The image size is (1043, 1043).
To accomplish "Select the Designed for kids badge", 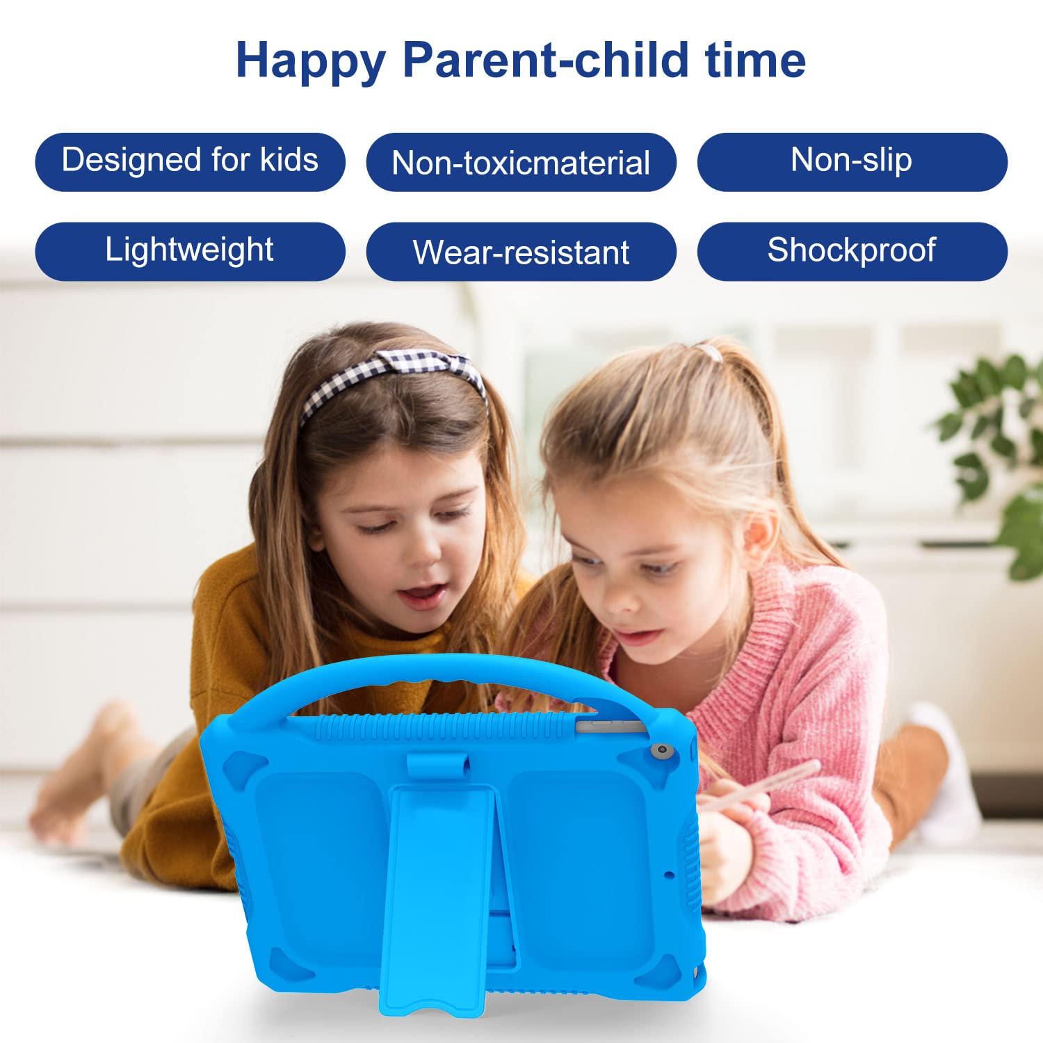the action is [190, 162].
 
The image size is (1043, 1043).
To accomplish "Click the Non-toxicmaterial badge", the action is [521, 162].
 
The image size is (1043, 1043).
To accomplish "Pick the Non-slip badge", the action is [852, 162].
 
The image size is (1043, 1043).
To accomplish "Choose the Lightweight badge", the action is [190, 252].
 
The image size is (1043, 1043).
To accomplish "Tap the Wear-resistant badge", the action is [521, 252].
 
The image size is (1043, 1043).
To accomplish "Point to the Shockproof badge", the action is [852, 252].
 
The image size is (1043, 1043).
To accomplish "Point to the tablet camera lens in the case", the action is [661, 752].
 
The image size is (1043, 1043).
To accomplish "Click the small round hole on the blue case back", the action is [669, 874].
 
